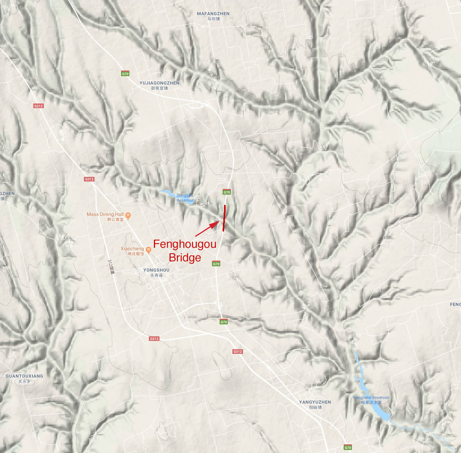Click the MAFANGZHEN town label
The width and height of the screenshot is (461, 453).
(213, 14)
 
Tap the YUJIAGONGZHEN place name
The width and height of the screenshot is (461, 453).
(159, 83)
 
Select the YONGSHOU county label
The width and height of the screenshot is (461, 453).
(156, 270)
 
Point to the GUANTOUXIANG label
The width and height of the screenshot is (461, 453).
(24, 376)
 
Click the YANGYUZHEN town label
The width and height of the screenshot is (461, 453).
(315, 402)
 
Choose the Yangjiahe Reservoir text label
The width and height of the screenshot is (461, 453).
(371, 398)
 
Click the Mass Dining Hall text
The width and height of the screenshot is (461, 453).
(105, 214)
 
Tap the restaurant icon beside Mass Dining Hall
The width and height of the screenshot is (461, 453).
(128, 215)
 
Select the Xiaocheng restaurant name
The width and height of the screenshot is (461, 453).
(132, 249)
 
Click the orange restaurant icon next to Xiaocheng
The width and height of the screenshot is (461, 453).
(148, 250)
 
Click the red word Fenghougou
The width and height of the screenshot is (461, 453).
(184, 244)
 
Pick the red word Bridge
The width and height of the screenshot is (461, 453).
(184, 258)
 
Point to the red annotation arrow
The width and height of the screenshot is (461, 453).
(207, 229)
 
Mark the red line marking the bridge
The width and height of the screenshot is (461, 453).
(224, 218)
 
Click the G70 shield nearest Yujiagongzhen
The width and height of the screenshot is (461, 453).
(125, 74)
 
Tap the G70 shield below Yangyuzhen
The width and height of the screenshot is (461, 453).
(347, 448)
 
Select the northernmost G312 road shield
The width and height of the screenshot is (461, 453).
(38, 106)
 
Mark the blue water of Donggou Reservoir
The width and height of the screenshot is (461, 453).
(166, 192)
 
